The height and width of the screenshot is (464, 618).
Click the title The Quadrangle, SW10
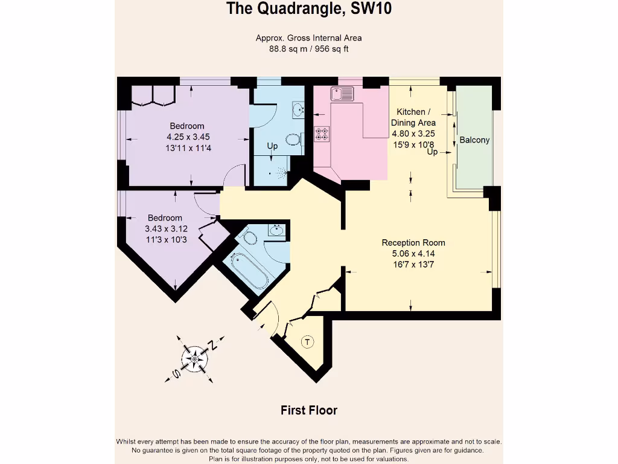[x=308, y=9]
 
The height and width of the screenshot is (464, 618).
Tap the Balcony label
[x=474, y=140]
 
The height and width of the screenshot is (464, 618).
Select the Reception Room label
[x=413, y=243]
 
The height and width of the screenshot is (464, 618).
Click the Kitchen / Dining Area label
[x=413, y=117]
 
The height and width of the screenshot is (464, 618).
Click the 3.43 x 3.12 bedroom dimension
[x=165, y=229]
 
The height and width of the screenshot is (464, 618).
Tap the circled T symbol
[x=308, y=343]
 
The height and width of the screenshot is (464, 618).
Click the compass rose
[x=195, y=359]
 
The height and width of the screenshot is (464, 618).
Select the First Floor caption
[x=308, y=410]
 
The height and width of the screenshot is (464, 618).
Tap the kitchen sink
[x=342, y=94]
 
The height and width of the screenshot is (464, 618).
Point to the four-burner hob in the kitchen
[x=322, y=133]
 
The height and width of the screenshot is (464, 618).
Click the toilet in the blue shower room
[x=293, y=140]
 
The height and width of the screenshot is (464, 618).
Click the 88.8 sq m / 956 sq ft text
[x=308, y=49]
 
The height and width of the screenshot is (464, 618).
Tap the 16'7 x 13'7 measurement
[x=413, y=264]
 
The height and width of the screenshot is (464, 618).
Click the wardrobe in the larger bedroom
[x=153, y=95]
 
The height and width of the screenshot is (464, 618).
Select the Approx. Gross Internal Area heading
[x=308, y=38]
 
